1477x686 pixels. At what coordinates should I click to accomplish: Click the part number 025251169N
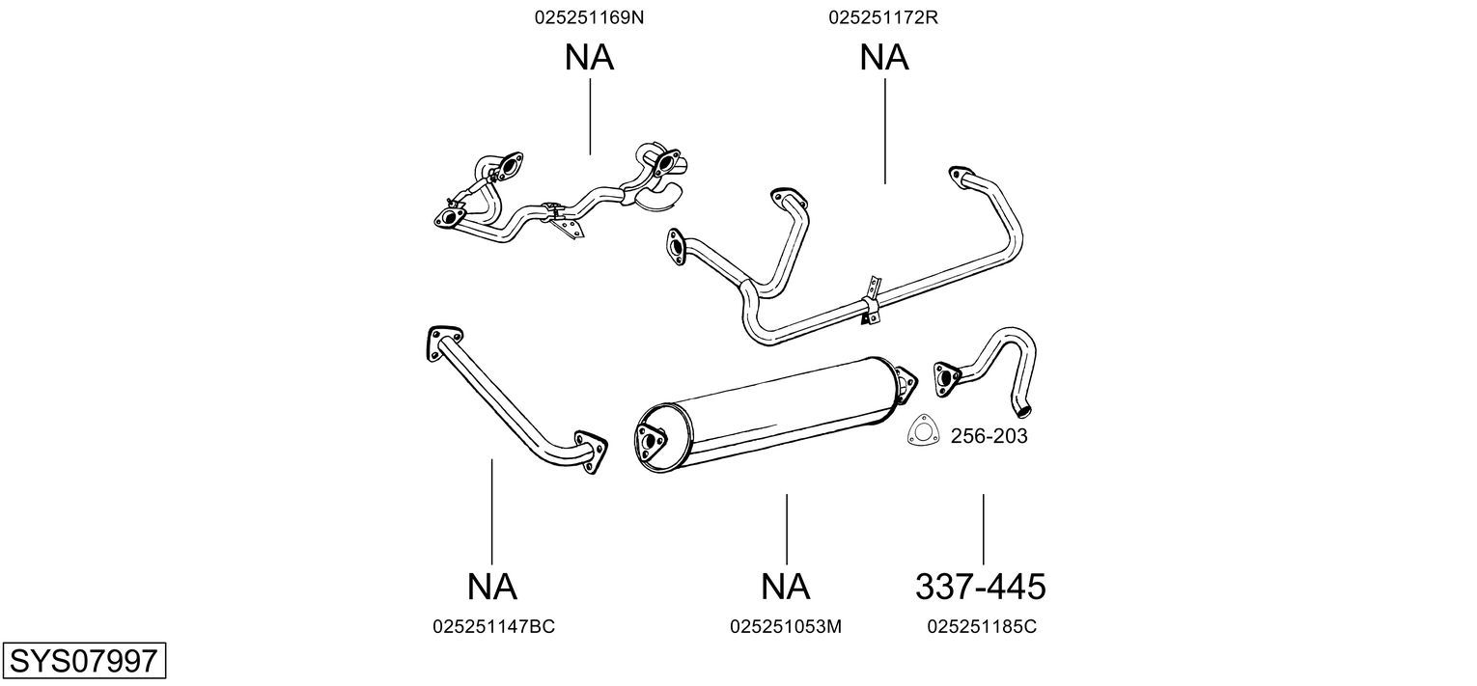[x=588, y=17]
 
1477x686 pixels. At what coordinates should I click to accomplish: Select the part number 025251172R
[x=883, y=17]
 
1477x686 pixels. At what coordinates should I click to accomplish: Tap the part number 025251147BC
[x=493, y=626]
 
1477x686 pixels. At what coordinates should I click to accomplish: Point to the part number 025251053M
[x=786, y=626]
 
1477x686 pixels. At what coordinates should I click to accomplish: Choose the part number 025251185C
[x=982, y=626]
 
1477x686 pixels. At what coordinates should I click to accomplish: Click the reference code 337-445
[x=981, y=586]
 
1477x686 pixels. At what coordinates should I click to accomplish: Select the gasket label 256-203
[x=989, y=436]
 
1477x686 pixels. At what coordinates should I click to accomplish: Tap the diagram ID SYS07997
[x=83, y=662]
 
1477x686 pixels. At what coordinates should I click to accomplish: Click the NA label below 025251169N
[x=589, y=58]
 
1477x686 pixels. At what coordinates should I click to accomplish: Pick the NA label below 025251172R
[x=884, y=58]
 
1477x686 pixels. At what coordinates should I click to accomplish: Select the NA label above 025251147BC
[x=492, y=586]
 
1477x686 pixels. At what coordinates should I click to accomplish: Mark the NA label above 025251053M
[x=786, y=586]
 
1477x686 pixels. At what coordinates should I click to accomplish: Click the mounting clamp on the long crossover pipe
[x=871, y=301]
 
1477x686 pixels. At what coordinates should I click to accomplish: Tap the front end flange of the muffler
[x=651, y=443]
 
